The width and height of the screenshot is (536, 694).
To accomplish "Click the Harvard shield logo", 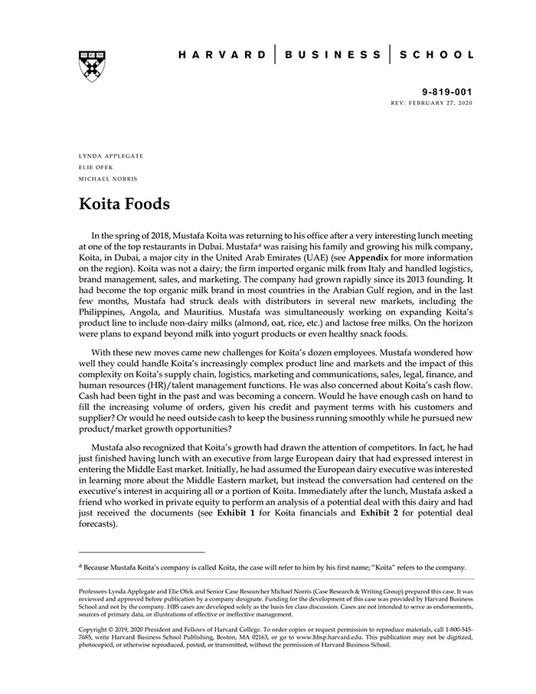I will coord(91,66).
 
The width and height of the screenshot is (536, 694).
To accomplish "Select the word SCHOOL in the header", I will coord(438,55).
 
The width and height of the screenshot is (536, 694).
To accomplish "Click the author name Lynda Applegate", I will coord(111,155).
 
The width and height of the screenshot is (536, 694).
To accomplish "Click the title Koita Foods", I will coord(124,205).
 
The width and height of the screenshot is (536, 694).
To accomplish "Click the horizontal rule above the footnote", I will coord(142,552).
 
